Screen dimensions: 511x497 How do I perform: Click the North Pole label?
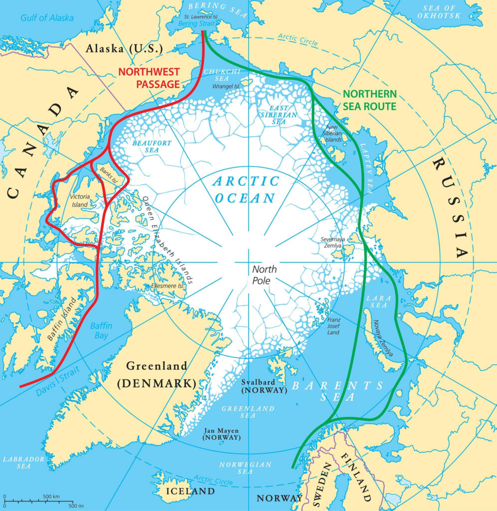[264, 275]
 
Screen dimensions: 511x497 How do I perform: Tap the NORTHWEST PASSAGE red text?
[148, 78]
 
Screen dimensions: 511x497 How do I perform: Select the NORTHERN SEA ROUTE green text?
[370, 100]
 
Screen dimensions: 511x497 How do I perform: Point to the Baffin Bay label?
[101, 331]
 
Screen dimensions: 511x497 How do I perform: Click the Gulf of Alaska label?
[47, 18]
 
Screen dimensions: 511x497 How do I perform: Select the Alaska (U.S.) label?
[124, 49]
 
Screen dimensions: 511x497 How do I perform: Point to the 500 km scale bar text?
[51, 497]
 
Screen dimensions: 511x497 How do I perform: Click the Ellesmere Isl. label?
[168, 286]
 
